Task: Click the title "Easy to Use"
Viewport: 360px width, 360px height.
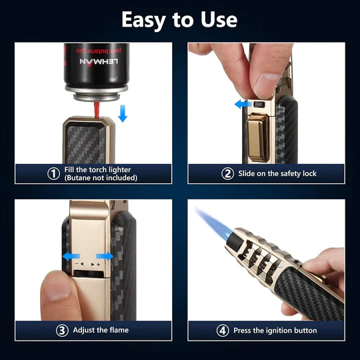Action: tap(179, 19)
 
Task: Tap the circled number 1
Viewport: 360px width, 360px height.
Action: tap(53, 173)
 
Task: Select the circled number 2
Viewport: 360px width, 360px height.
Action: tap(228, 173)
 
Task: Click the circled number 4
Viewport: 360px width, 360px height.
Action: tap(222, 329)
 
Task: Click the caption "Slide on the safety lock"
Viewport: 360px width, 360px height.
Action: tap(278, 173)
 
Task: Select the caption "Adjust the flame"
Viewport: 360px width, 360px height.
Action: tap(101, 329)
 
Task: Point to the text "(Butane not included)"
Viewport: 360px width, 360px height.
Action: tap(101, 178)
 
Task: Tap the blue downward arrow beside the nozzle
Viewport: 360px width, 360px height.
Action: tap(122, 113)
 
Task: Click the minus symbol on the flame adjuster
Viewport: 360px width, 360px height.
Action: tap(79, 265)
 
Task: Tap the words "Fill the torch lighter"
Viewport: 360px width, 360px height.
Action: tap(98, 169)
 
